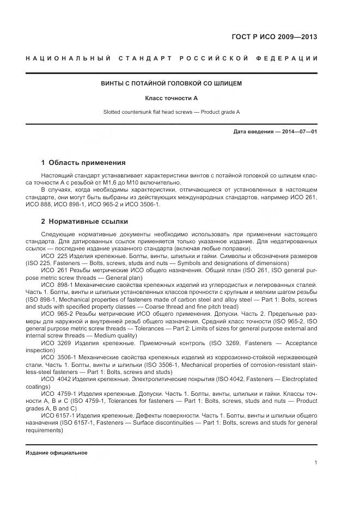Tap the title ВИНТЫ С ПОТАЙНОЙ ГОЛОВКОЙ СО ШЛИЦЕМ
171,84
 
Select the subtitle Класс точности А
171,98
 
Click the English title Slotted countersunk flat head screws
150,112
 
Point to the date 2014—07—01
298,132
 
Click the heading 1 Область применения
83,162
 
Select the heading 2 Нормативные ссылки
84,222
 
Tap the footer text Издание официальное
57,453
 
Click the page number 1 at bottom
316,463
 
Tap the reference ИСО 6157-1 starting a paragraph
58,415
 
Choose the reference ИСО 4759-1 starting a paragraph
58,393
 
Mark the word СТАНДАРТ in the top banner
144,58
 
